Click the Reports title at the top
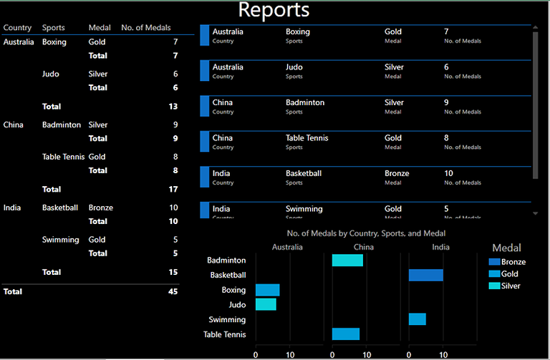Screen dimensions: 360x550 click(x=274, y=10)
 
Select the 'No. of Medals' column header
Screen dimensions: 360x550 click(x=146, y=28)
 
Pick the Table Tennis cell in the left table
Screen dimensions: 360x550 click(x=63, y=157)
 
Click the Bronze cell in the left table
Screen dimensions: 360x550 click(x=100, y=208)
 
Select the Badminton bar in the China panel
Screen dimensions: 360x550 click(x=347, y=260)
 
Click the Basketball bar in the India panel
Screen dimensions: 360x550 click(x=425, y=275)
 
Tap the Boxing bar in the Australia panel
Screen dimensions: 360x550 click(x=267, y=290)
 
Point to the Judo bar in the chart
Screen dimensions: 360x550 click(x=266, y=304)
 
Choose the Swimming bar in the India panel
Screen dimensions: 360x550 click(x=417, y=319)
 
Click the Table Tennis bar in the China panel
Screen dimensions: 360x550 click(x=345, y=334)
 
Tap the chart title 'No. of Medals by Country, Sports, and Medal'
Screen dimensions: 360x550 click(x=366, y=233)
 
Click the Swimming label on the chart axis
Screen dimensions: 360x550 click(x=227, y=319)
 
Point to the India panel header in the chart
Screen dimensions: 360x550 click(x=441, y=247)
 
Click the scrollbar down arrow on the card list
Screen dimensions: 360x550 click(x=535, y=213)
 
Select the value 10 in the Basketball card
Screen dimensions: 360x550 click(x=448, y=173)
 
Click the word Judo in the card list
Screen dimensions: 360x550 click(x=294, y=67)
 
